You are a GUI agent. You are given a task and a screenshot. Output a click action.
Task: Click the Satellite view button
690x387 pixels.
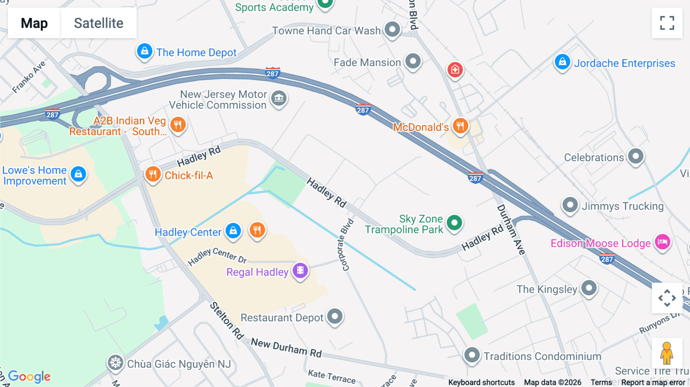[x=99, y=23]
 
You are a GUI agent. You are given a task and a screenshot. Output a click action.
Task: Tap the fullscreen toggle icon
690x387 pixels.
[x=667, y=23]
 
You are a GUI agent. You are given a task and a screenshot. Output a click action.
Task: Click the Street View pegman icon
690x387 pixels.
[x=667, y=353]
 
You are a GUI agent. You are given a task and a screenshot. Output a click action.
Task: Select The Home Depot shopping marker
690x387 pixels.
[x=145, y=51]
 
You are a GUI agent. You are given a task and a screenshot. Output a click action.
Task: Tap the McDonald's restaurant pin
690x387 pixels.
[x=460, y=126]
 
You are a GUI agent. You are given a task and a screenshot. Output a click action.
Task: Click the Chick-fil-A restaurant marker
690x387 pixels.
[x=153, y=174]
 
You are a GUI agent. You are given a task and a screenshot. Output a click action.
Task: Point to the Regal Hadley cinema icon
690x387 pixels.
[x=300, y=271]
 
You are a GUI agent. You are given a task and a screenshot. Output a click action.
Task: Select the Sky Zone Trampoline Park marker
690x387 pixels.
[x=454, y=223]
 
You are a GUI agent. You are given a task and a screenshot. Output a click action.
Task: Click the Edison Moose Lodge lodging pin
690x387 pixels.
[x=662, y=242]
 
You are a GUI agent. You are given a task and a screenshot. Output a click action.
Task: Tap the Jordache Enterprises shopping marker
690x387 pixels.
[x=562, y=62]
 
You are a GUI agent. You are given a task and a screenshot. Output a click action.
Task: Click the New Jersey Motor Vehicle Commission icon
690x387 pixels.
[x=279, y=98]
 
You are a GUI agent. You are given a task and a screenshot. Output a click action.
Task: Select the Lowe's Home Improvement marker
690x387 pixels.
[x=79, y=174]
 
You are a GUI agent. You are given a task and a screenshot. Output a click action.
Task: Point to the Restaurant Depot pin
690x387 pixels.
[x=335, y=316]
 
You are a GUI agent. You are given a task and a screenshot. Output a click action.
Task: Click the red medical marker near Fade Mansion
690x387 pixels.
[x=455, y=70]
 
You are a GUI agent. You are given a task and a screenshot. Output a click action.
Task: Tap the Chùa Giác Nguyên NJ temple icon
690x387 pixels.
[x=115, y=362]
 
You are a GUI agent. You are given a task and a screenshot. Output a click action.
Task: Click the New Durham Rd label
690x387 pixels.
[x=286, y=348]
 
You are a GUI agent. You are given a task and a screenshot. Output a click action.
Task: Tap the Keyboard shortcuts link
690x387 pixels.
[x=481, y=382]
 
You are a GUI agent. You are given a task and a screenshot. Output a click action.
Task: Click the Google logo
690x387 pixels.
[x=30, y=376]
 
